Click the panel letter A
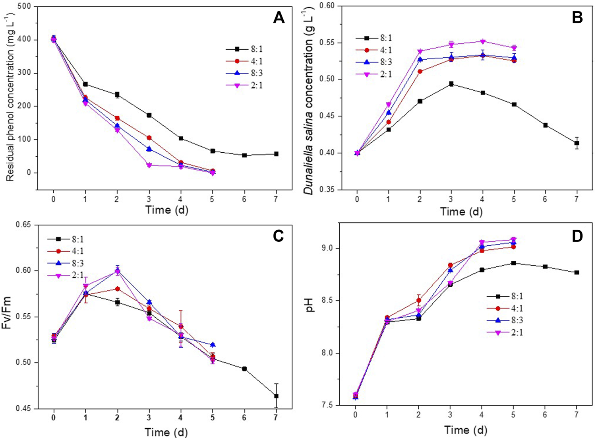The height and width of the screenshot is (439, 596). point(279,17)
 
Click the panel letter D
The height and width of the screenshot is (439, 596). point(577,236)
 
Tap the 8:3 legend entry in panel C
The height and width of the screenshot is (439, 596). point(75,263)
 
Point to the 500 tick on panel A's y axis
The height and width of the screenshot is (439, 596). point(26,7)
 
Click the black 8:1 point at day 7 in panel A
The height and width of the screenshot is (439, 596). point(276,154)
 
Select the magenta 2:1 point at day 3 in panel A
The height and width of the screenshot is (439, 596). point(149,165)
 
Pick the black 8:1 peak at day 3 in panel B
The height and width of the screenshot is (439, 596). point(451,84)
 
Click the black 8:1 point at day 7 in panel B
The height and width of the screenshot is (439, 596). point(577,143)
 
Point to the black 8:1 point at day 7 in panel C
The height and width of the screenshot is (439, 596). point(276,396)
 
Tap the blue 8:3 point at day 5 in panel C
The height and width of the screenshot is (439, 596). point(213,345)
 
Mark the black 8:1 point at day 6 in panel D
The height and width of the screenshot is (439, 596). point(545,267)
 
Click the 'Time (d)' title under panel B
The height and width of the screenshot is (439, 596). point(461,212)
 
